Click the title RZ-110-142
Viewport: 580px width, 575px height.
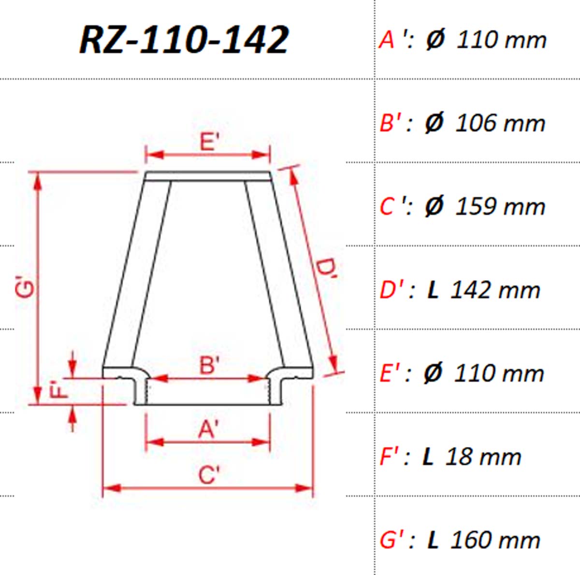click(x=184, y=40)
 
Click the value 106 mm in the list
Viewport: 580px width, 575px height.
click(x=500, y=123)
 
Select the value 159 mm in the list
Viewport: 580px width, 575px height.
click(x=500, y=207)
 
